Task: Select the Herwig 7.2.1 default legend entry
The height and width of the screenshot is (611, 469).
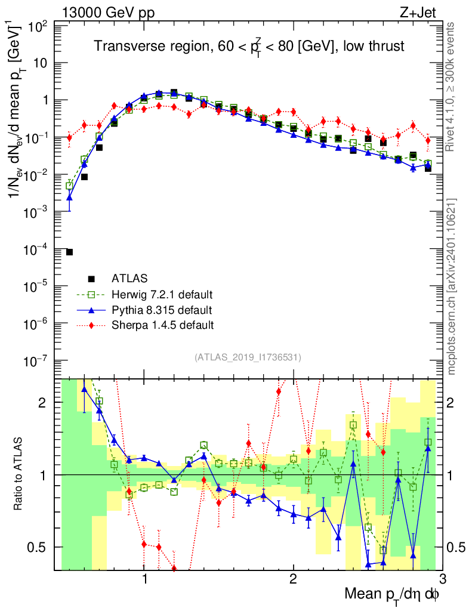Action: click(162, 294)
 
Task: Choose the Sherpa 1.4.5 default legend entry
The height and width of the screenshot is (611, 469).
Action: click(162, 325)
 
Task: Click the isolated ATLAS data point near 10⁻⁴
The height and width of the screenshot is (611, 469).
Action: click(69, 252)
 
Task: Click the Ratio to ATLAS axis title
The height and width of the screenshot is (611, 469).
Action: click(20, 474)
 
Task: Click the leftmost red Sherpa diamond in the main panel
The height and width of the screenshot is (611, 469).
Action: click(69, 138)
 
